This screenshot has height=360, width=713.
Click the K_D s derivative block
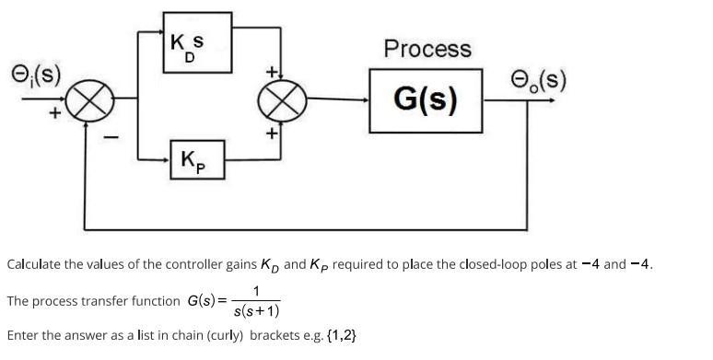point(196,42)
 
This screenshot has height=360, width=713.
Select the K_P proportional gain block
point(197,160)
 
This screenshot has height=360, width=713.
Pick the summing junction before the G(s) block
point(286,100)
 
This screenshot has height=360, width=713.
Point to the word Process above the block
point(427,49)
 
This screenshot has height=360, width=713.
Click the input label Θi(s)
point(35,73)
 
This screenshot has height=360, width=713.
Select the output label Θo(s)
point(539,80)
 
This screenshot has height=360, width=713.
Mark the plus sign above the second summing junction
point(272,72)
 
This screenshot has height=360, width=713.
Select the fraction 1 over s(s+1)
point(255,302)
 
